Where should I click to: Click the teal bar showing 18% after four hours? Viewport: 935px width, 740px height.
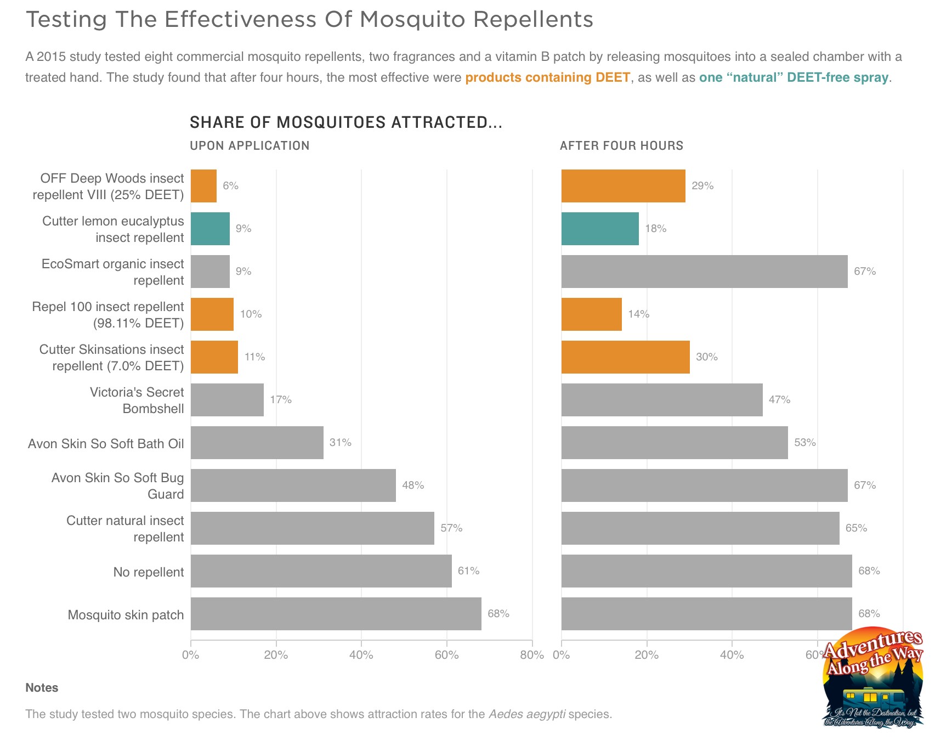point(600,229)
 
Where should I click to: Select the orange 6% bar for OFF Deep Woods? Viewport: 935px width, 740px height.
point(203,186)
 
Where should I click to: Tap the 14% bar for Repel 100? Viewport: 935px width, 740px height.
point(591,314)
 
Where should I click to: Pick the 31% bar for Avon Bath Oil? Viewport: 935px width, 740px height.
point(257,443)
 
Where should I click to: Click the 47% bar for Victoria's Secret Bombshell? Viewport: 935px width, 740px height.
point(661,400)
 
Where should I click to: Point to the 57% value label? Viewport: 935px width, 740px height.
point(451,528)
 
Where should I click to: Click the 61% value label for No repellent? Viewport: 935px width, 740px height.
point(468,571)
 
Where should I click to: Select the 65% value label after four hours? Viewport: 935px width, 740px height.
point(856,528)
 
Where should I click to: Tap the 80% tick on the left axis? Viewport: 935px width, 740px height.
point(531,655)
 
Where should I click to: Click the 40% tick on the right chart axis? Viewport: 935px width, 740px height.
point(732,655)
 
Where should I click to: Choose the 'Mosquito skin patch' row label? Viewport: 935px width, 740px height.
point(126,615)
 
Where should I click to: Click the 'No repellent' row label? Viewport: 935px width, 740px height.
point(148,572)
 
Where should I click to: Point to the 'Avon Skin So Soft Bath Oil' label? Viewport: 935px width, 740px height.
point(106,444)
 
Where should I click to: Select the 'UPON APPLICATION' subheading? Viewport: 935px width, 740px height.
point(250,145)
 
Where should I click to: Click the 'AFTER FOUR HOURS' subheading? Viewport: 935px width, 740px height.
point(621,145)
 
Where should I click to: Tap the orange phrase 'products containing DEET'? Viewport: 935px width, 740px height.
point(547,77)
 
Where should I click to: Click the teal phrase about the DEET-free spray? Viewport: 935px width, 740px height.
point(793,77)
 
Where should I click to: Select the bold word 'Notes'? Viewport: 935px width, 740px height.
point(42,688)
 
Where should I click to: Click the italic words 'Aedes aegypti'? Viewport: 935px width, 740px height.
point(526,714)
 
